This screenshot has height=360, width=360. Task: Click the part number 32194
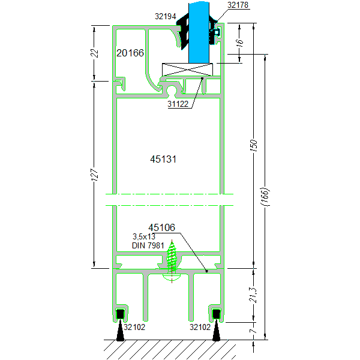click(x=164, y=17)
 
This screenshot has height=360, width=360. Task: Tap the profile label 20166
click(x=130, y=53)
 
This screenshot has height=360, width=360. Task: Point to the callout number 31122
click(x=178, y=104)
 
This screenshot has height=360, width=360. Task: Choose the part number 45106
click(x=161, y=227)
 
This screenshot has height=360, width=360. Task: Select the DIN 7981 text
click(x=148, y=245)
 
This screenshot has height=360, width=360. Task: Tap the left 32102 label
click(x=133, y=327)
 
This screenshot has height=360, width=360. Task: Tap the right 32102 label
click(x=201, y=327)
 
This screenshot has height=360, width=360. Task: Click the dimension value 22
click(x=94, y=52)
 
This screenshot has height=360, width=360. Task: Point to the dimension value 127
click(x=94, y=175)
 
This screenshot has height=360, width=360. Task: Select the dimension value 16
click(x=240, y=43)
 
